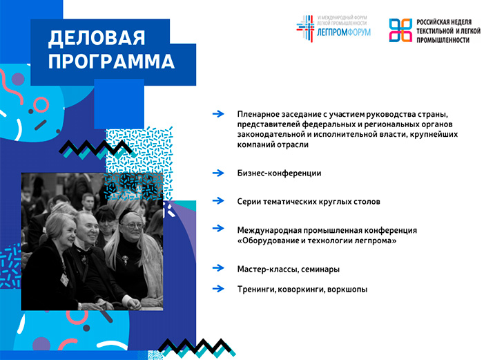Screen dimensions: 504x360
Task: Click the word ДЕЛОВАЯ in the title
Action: [97, 38]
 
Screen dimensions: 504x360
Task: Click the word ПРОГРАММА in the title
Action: [111, 61]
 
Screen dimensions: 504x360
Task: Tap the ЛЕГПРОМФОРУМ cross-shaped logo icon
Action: [305, 28]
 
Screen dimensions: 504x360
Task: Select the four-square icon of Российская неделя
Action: [400, 30]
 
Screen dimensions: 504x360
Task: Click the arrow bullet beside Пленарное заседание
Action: [218, 113]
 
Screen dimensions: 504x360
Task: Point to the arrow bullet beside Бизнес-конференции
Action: [218, 173]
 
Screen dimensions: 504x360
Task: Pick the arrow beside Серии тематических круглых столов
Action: [218, 201]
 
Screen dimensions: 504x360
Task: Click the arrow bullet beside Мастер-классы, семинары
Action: [218, 267]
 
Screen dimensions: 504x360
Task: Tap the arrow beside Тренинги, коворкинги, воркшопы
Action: [218, 289]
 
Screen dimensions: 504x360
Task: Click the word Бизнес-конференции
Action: [279, 173]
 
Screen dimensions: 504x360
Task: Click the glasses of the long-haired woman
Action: [133, 226]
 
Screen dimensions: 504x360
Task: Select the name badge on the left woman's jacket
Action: [64, 279]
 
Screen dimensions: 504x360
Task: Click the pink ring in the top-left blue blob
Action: [41, 105]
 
